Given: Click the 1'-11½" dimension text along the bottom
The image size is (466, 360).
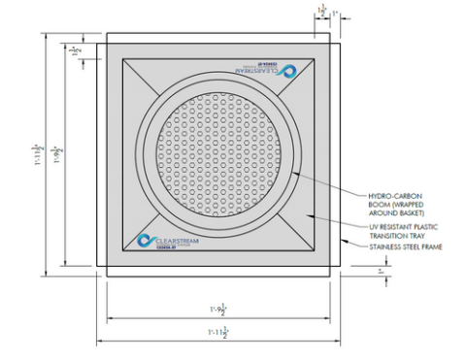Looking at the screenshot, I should click(x=217, y=333).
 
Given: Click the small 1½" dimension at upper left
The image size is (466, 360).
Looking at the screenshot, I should click(x=76, y=49).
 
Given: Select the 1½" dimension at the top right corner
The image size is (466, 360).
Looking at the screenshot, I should click(x=321, y=10).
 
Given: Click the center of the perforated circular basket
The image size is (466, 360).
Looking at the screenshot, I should click(x=217, y=153).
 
